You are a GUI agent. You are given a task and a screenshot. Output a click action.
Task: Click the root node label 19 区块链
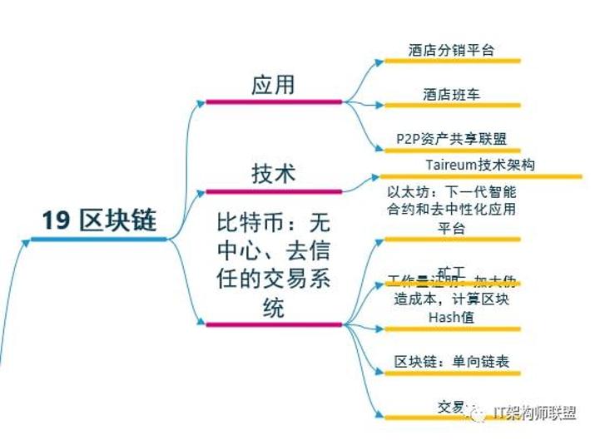(99, 220)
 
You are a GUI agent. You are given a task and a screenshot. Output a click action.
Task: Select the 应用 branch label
(273, 86)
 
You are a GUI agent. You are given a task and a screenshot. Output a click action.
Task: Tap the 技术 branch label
(273, 173)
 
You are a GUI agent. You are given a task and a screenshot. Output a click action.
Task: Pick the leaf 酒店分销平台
(451, 50)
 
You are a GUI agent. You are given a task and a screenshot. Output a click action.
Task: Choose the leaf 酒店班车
(451, 95)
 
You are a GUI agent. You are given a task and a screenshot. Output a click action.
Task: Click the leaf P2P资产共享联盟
(451, 139)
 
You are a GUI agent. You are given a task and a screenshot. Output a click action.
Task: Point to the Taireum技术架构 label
(480, 165)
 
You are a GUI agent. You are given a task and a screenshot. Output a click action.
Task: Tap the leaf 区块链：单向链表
(451, 363)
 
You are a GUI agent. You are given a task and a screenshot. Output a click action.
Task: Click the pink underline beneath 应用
(274, 102)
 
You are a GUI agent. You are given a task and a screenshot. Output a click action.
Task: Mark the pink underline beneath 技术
(274, 191)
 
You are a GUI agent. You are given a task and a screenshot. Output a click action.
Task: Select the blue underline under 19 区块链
(99, 240)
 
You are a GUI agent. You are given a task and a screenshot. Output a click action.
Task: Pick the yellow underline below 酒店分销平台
(452, 61)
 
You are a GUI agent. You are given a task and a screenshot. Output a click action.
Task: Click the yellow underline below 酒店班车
(452, 106)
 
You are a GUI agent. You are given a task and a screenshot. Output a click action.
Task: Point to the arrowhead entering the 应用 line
(201, 102)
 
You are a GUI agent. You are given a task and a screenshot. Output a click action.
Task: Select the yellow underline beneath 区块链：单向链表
(452, 374)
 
